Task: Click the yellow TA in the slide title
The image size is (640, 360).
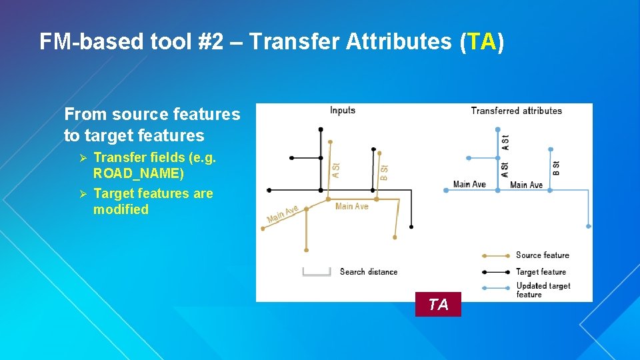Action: click(x=482, y=41)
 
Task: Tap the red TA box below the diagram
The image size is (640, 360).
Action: click(x=438, y=304)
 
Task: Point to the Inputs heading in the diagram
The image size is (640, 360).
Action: click(x=343, y=111)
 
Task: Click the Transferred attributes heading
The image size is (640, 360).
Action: click(x=517, y=111)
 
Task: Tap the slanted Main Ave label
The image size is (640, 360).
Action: click(x=283, y=215)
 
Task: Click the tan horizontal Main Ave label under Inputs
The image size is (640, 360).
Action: click(x=352, y=207)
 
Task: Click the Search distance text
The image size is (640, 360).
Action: click(x=368, y=272)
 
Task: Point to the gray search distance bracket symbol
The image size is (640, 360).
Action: click(x=317, y=272)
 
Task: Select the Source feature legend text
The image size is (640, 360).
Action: click(x=543, y=255)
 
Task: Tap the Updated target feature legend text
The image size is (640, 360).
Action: click(x=543, y=290)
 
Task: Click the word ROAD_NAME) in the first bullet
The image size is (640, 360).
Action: click(x=139, y=173)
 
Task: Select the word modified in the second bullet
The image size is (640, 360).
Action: click(x=121, y=209)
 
